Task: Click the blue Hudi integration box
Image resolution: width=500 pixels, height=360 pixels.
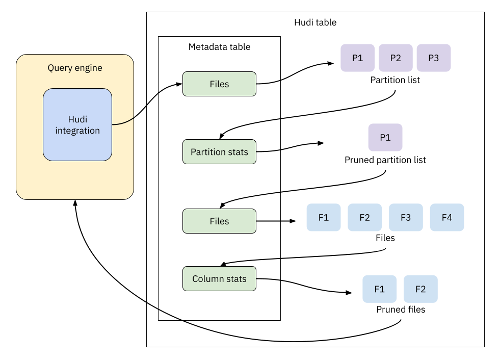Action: click(77, 124)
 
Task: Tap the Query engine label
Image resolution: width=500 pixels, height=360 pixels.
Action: click(75, 68)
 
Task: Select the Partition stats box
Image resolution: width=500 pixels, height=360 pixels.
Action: click(219, 152)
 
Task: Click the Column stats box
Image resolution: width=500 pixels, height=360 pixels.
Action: click(219, 279)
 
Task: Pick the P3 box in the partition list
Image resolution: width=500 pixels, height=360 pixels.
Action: click(433, 58)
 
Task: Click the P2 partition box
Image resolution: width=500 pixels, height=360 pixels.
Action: click(396, 58)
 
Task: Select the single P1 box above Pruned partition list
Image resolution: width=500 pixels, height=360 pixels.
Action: click(385, 137)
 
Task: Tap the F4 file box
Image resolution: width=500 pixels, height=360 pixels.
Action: click(447, 217)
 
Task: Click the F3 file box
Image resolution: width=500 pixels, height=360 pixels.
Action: click(406, 217)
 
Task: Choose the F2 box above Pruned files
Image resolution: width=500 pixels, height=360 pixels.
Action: click(420, 289)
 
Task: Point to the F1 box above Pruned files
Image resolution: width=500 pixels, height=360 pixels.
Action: click(379, 289)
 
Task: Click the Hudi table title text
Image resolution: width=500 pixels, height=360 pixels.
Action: click(315, 22)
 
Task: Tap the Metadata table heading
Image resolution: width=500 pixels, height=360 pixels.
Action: click(219, 47)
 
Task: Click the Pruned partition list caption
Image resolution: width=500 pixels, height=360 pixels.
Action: click(385, 160)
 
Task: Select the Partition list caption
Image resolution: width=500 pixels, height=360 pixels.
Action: click(395, 80)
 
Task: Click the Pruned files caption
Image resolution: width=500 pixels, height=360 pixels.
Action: click(401, 310)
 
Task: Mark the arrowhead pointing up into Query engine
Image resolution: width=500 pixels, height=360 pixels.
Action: click(75, 202)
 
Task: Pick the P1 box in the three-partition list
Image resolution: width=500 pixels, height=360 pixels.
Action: click(358, 58)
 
